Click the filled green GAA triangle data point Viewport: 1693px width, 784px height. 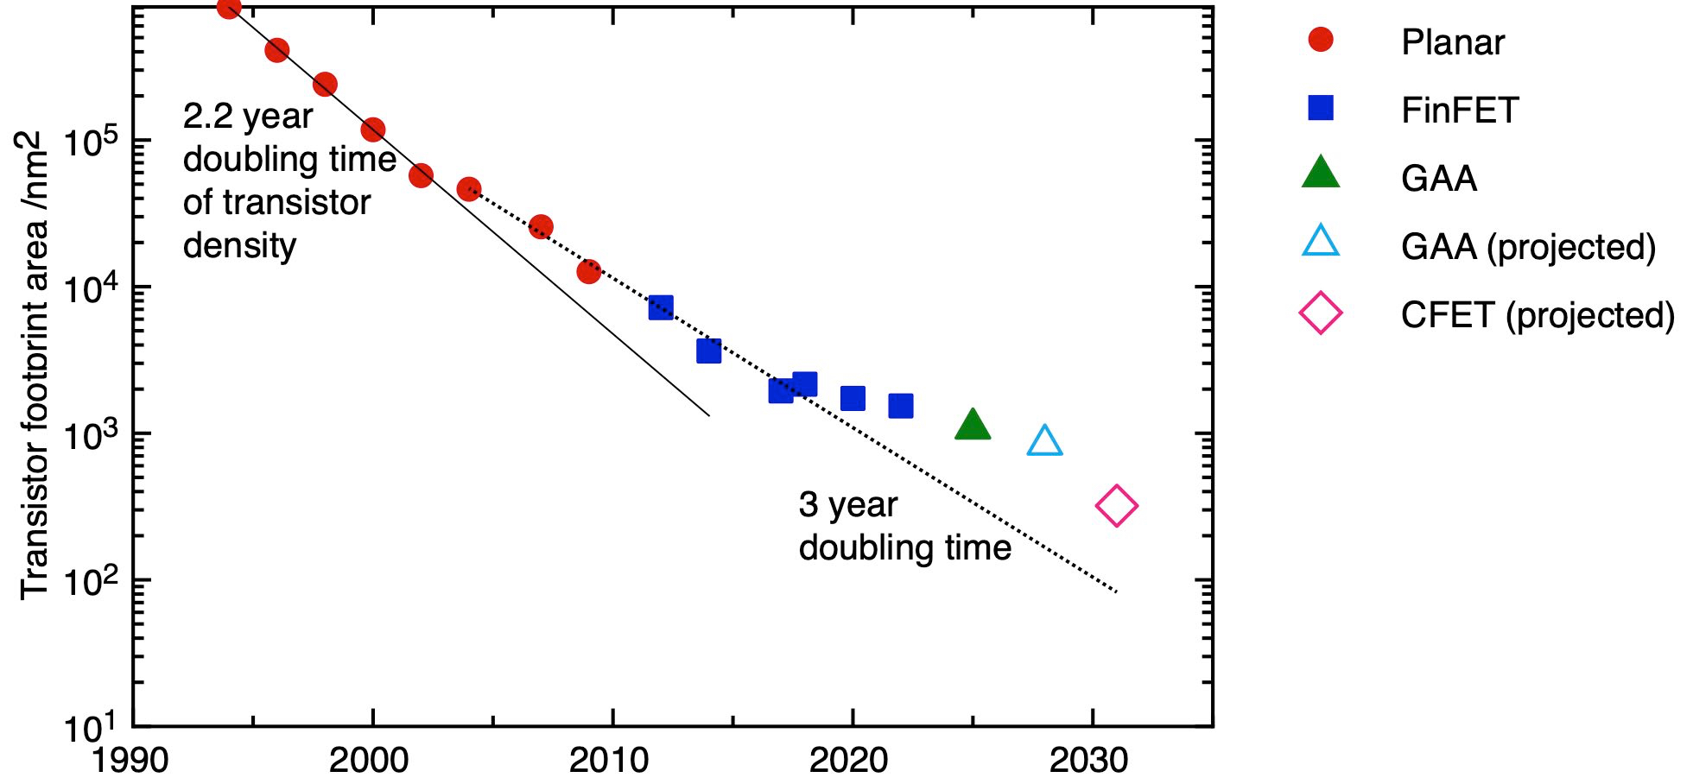pos(973,425)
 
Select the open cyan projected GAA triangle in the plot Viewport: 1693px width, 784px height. pos(1044,442)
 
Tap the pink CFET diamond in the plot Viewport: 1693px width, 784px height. pos(1116,506)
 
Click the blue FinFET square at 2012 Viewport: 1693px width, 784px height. pos(661,307)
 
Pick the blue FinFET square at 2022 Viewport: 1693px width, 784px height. pos(901,406)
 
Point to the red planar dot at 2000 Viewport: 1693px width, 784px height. pos(372,130)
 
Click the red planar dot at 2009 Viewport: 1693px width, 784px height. pos(589,272)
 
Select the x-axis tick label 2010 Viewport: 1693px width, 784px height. pos(608,760)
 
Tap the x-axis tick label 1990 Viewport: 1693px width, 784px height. pos(130,760)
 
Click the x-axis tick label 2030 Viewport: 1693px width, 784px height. pos(1088,760)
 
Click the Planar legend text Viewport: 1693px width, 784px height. pos(1453,42)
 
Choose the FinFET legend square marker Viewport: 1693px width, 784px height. pos(1321,108)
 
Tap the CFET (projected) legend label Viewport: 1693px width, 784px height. pos(1538,315)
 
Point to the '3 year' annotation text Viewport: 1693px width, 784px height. pos(847,505)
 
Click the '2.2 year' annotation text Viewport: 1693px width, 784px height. pos(248,117)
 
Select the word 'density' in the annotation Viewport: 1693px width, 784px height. pos(239,246)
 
